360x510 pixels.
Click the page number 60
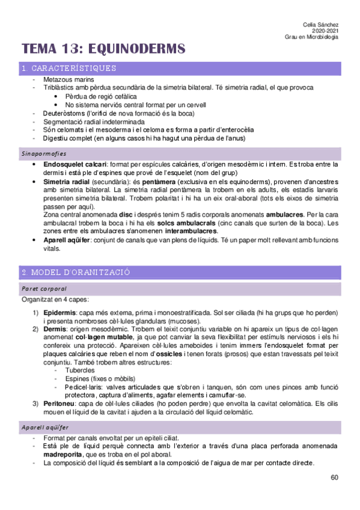point(334,478)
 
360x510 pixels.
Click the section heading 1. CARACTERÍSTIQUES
point(69,69)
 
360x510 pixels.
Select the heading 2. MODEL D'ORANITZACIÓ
point(76,272)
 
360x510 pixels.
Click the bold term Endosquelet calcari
point(75,164)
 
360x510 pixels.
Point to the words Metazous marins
point(73,80)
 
